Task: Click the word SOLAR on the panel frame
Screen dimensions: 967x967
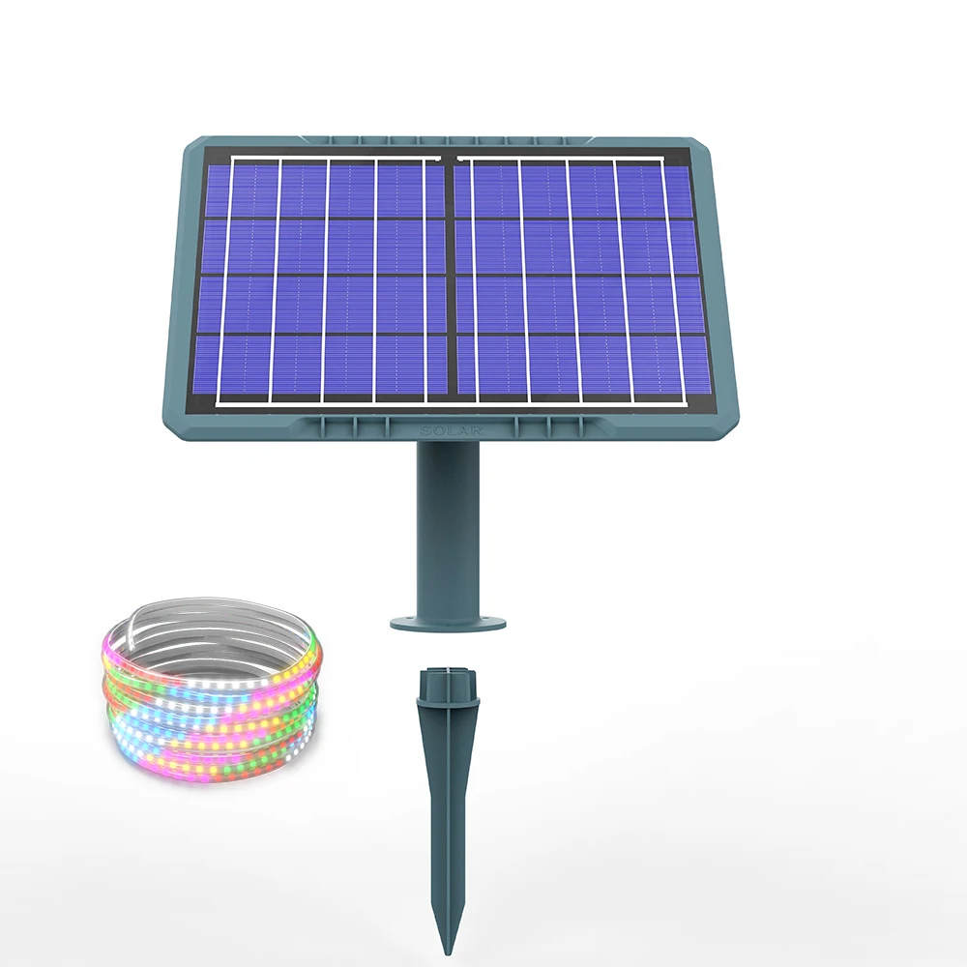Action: pyautogui.click(x=448, y=427)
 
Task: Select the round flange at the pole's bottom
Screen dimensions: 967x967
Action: pyautogui.click(x=448, y=619)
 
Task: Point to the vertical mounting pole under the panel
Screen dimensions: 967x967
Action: pyautogui.click(x=447, y=522)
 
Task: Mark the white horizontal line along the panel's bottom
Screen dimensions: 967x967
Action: pyautogui.click(x=450, y=403)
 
